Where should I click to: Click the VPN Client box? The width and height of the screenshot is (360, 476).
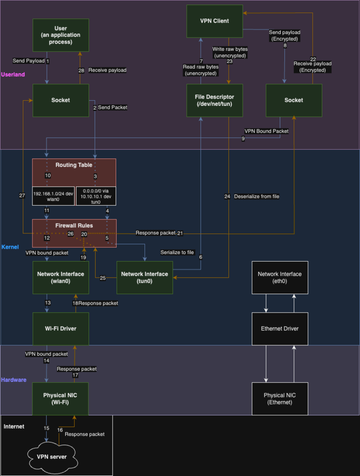pos(214,21)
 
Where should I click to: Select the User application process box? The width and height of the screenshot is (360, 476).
pos(61,35)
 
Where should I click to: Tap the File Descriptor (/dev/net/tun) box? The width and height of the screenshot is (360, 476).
pos(214,100)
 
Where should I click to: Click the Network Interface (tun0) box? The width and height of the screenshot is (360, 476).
pos(145,278)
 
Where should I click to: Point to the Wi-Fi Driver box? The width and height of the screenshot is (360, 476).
pos(60,329)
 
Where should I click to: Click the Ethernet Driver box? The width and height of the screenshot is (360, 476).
pos(280,329)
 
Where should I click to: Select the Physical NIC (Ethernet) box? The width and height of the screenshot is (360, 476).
pos(280,399)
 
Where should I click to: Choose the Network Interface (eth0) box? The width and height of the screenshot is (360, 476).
pos(280,278)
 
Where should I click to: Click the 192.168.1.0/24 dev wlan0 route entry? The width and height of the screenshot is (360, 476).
pos(53,195)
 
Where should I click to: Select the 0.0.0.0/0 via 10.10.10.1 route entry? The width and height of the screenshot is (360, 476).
pos(96,195)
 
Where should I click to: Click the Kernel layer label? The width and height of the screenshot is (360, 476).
pos(10,247)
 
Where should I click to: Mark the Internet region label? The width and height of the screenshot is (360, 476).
pos(14,427)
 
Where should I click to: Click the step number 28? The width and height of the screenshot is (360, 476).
pos(81,70)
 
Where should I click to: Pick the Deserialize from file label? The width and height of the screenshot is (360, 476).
pos(257,196)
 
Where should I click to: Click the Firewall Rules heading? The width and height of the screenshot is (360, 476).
pos(74,226)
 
